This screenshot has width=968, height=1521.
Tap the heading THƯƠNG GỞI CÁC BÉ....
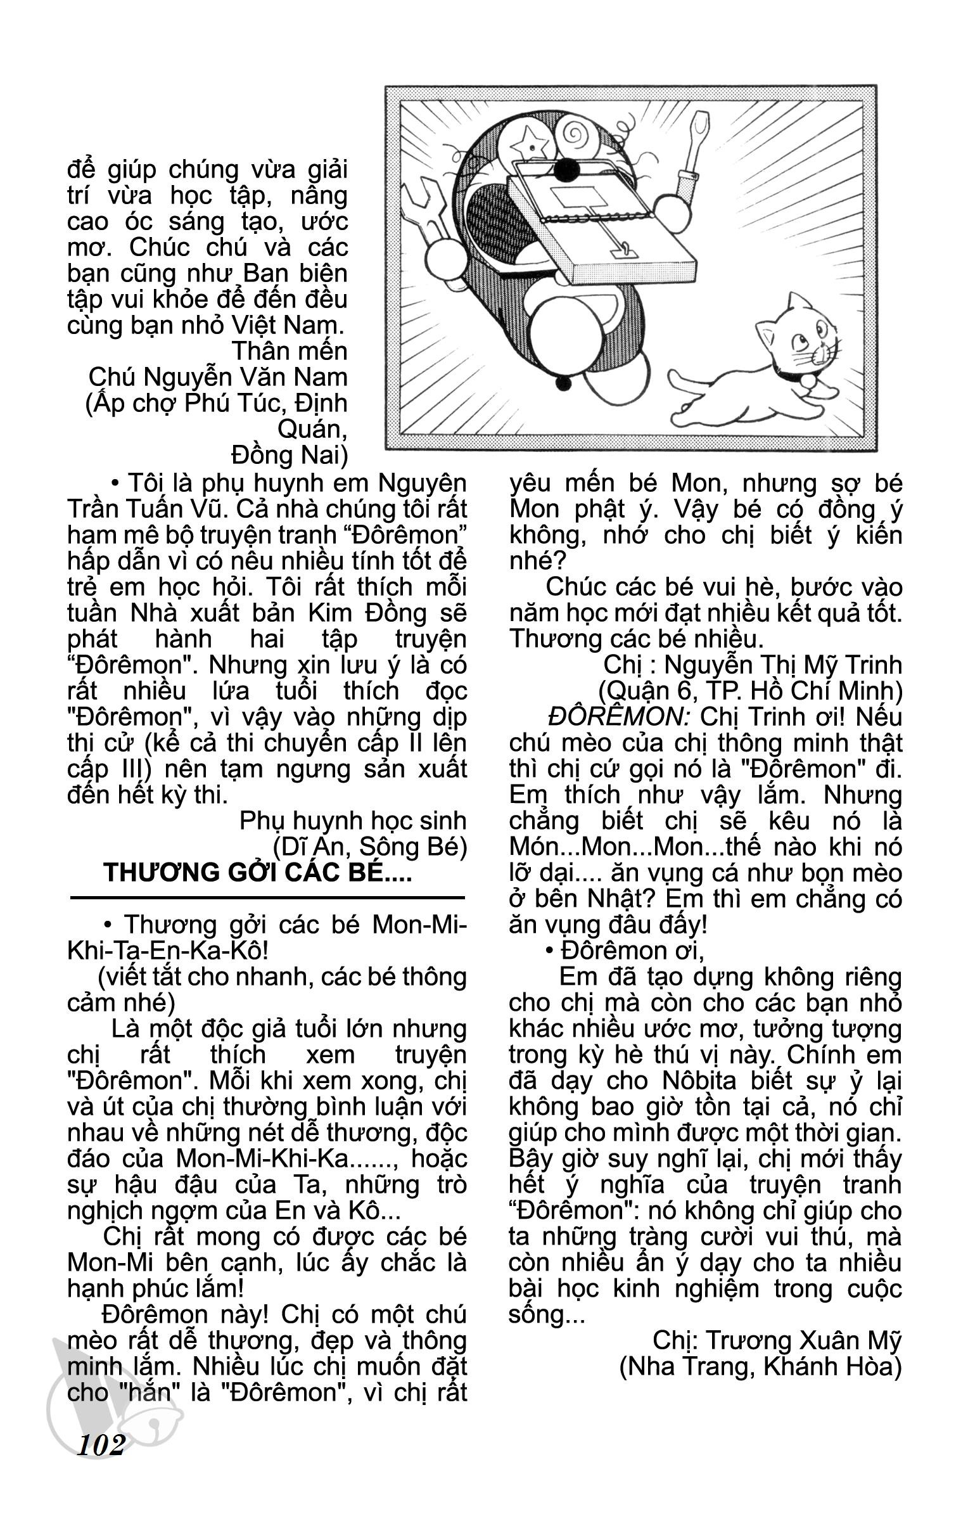pyautogui.click(x=257, y=873)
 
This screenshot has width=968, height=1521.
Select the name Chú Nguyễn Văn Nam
pyautogui.click(x=218, y=377)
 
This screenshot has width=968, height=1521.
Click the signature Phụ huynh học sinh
pyautogui.click(x=353, y=821)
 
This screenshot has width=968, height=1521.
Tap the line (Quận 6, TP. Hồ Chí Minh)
pyautogui.click(x=750, y=691)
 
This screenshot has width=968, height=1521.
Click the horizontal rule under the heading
pyautogui.click(x=267, y=897)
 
